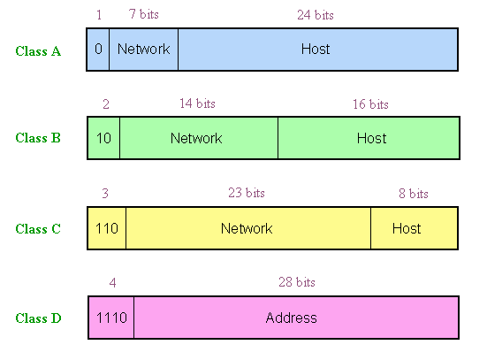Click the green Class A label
pyautogui.click(x=38, y=51)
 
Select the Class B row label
pyautogui.click(x=38, y=138)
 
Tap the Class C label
pyautogui.click(x=38, y=229)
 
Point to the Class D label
pyautogui.click(x=39, y=318)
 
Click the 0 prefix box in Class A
pyautogui.click(x=98, y=50)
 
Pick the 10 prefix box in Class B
pyautogui.click(x=103, y=138)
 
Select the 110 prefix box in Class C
pyautogui.click(x=107, y=228)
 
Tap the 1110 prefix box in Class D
pyautogui.click(x=111, y=318)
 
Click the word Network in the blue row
pyautogui.click(x=144, y=50)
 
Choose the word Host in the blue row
pyautogui.click(x=316, y=50)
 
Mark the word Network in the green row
pyautogui.click(x=196, y=138)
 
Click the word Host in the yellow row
pyautogui.click(x=407, y=228)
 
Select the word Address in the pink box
pyautogui.click(x=292, y=318)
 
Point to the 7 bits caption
pyautogui.click(x=144, y=14)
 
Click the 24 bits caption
pyautogui.click(x=316, y=15)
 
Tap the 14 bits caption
pyautogui.click(x=197, y=103)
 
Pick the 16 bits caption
pyautogui.click(x=370, y=104)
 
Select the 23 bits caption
pyautogui.click(x=247, y=193)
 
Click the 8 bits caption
pyautogui.click(x=414, y=194)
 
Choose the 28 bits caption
pyautogui.click(x=297, y=282)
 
